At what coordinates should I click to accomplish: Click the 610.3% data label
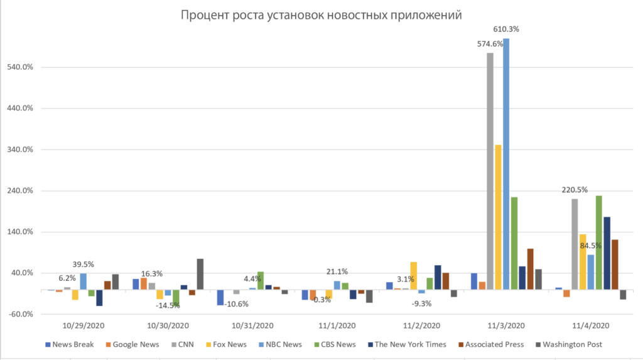[x=507, y=29]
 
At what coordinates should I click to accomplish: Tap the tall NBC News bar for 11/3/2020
[x=506, y=163]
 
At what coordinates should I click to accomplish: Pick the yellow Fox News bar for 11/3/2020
[x=498, y=217]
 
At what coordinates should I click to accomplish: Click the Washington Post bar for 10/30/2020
[x=200, y=274]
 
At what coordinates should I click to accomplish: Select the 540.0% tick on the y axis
[x=21, y=67]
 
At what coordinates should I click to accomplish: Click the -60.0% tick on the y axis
[x=21, y=314]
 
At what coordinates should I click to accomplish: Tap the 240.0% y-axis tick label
[x=21, y=190]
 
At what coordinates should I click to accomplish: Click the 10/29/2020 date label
[x=84, y=325]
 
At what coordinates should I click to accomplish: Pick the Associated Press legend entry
[x=496, y=344]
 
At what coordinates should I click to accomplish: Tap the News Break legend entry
[x=73, y=344]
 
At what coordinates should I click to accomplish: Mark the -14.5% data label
[x=168, y=305]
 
